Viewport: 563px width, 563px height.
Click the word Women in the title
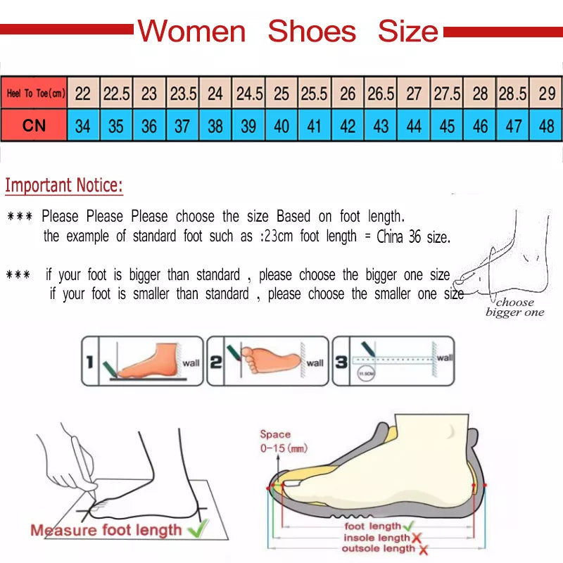[x=191, y=32]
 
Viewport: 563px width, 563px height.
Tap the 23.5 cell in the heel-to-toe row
[x=183, y=93]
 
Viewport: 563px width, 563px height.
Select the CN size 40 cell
[x=281, y=127]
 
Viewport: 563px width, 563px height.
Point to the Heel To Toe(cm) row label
[x=35, y=93]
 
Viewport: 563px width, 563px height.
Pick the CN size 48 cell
[x=547, y=127]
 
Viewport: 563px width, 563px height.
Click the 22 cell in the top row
[x=83, y=93]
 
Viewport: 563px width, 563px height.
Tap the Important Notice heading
[x=64, y=186]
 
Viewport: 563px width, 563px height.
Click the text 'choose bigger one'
[x=515, y=308]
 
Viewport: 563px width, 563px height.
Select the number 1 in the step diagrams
[x=89, y=362]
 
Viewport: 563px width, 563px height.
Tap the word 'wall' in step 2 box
[x=315, y=363]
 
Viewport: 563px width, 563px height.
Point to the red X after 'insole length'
[x=416, y=538]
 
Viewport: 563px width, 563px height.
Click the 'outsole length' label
[x=379, y=548]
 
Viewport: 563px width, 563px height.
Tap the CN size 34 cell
[x=83, y=127]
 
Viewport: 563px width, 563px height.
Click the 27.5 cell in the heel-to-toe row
[x=447, y=93]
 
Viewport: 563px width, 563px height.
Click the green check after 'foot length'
[x=408, y=526]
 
